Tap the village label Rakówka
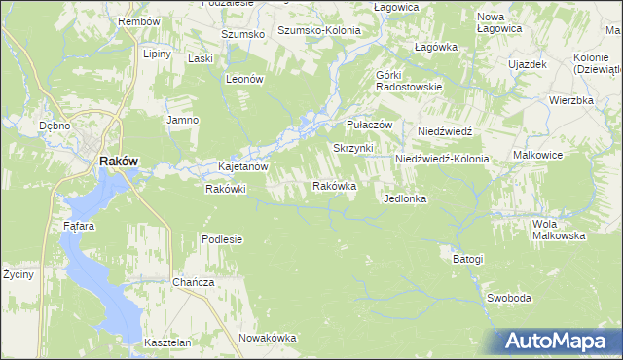point(334,186)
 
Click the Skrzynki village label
point(353,148)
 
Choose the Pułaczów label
point(369,126)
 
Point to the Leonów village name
point(245,80)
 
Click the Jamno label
point(182,120)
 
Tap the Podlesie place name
point(222,239)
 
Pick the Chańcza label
point(193,282)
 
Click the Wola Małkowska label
point(558,230)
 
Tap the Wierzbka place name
point(570,100)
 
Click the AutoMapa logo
point(555,342)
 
